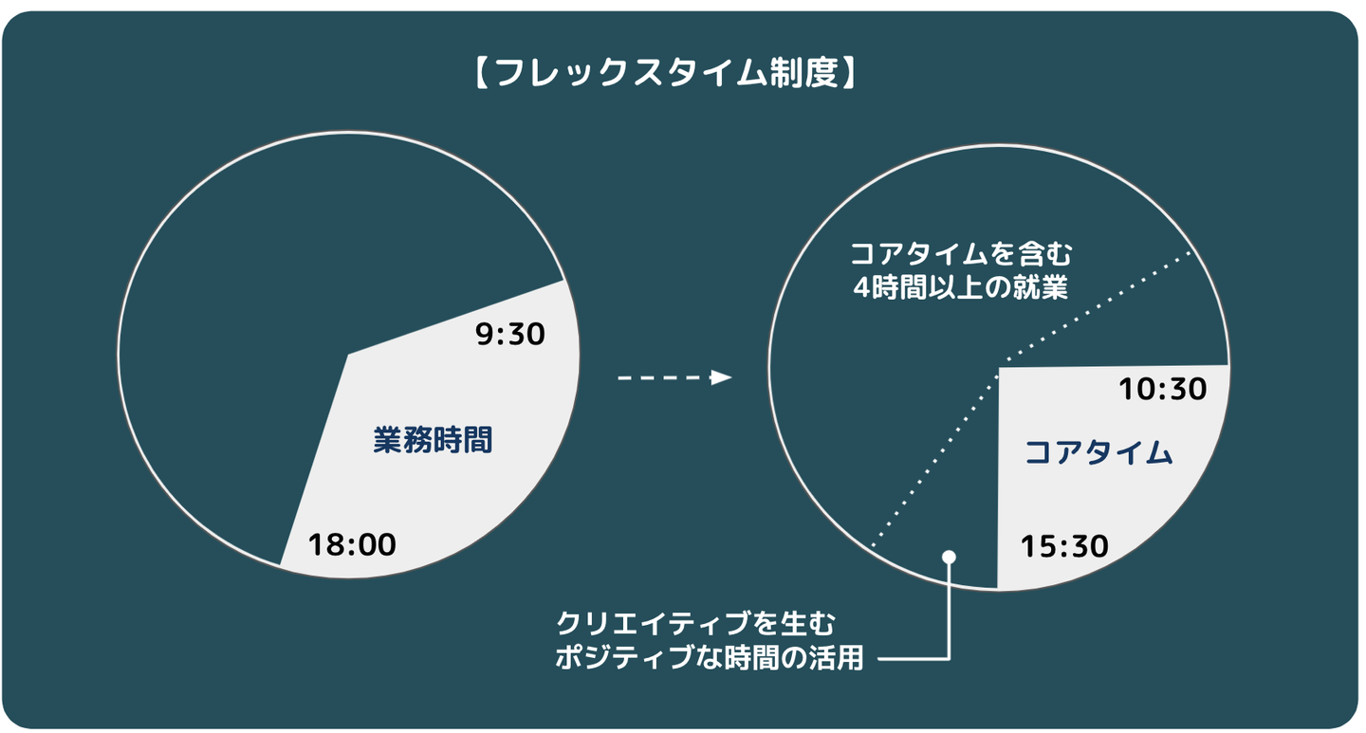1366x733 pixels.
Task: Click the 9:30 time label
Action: [x=509, y=334]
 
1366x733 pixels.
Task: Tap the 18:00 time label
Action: [x=352, y=544]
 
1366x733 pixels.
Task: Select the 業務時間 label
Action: [x=433, y=440]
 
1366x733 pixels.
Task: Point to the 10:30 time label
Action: [x=1162, y=389]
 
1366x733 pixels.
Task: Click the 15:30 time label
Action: [x=1064, y=546]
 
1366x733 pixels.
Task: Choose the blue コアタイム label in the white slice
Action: [x=1098, y=453]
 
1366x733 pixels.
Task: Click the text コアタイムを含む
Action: [x=960, y=254]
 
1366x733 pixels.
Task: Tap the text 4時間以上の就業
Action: [x=960, y=288]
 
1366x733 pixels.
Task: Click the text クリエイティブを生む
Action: [x=696, y=623]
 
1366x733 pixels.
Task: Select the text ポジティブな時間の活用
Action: [x=710, y=658]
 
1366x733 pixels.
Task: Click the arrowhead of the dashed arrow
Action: [x=721, y=377]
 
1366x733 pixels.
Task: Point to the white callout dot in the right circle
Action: [x=949, y=557]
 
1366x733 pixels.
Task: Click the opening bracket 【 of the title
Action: [x=482, y=73]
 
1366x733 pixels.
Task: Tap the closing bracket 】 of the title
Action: [x=849, y=73]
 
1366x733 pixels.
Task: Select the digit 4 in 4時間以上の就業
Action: [x=861, y=288]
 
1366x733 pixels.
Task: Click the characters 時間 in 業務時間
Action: [x=462, y=440]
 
